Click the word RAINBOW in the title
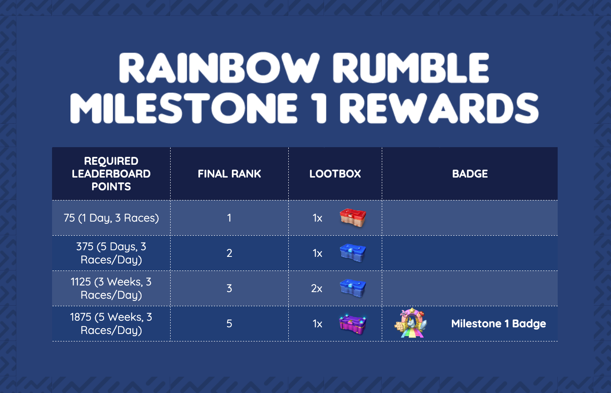(x=218, y=68)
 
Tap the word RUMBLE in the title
(x=410, y=68)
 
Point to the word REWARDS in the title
(x=439, y=108)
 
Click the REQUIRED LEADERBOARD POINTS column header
(x=111, y=174)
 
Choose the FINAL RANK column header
(x=229, y=174)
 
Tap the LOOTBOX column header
(x=335, y=174)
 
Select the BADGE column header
(x=470, y=174)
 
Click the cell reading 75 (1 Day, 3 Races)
(x=111, y=218)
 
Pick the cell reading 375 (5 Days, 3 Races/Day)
(x=111, y=253)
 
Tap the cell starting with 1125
(x=111, y=288)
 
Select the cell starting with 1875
(x=111, y=323)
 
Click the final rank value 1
(x=229, y=218)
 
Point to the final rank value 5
(x=229, y=323)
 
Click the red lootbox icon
(x=353, y=218)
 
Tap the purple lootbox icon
(x=353, y=324)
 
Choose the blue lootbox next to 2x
(x=353, y=288)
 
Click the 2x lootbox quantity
(x=317, y=288)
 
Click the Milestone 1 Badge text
(x=498, y=323)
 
